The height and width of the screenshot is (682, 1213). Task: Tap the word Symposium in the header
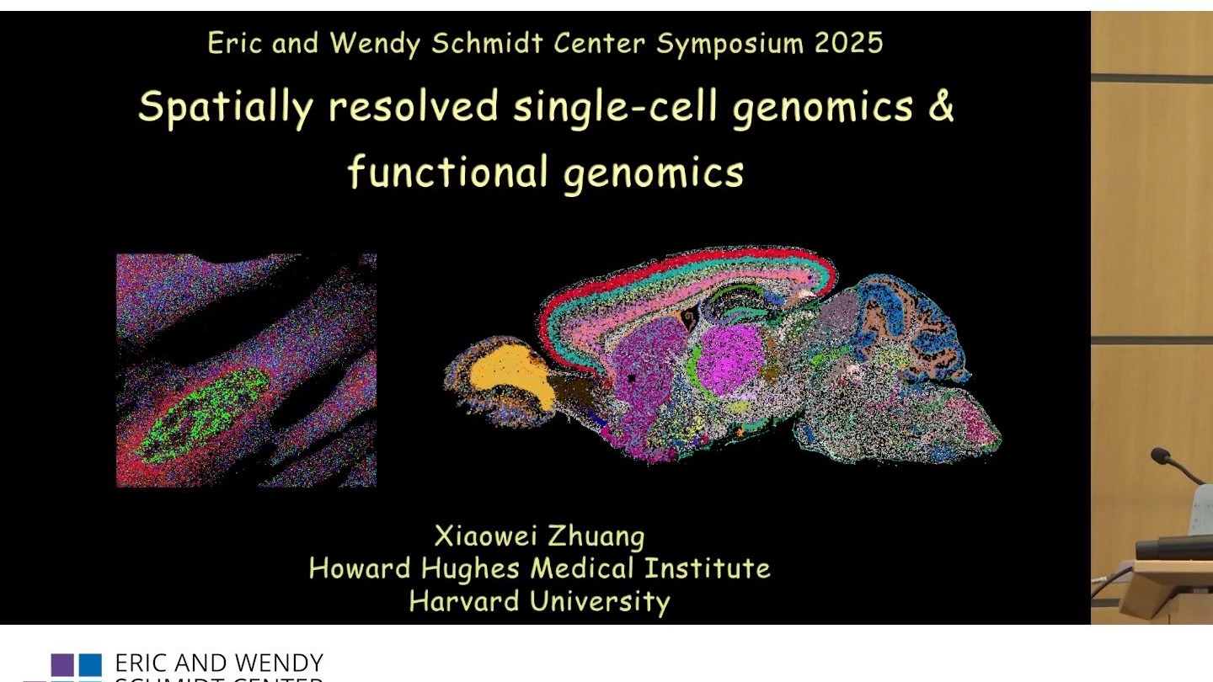(730, 45)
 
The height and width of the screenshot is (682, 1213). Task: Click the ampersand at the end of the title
(941, 105)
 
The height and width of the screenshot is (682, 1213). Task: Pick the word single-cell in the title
(615, 107)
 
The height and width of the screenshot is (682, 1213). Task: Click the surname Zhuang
(596, 537)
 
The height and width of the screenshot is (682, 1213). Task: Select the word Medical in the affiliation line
(581, 568)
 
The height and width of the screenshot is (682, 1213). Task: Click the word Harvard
(464, 601)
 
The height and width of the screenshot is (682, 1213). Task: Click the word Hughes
(470, 569)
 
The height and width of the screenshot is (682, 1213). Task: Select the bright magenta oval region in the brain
(730, 360)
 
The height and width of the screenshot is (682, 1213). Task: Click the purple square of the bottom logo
(62, 665)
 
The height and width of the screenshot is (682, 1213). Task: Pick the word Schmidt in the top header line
(487, 43)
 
